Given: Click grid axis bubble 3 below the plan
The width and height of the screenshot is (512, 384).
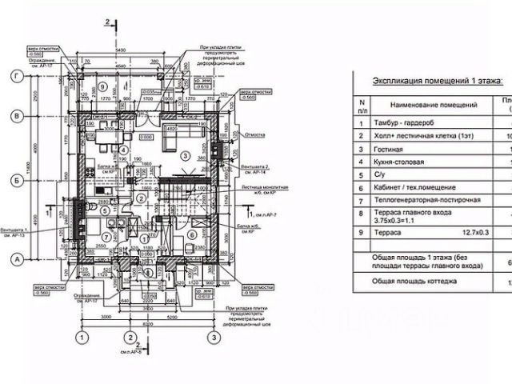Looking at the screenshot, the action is (214, 338).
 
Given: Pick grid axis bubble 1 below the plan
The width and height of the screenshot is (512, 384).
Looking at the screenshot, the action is (80, 338).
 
